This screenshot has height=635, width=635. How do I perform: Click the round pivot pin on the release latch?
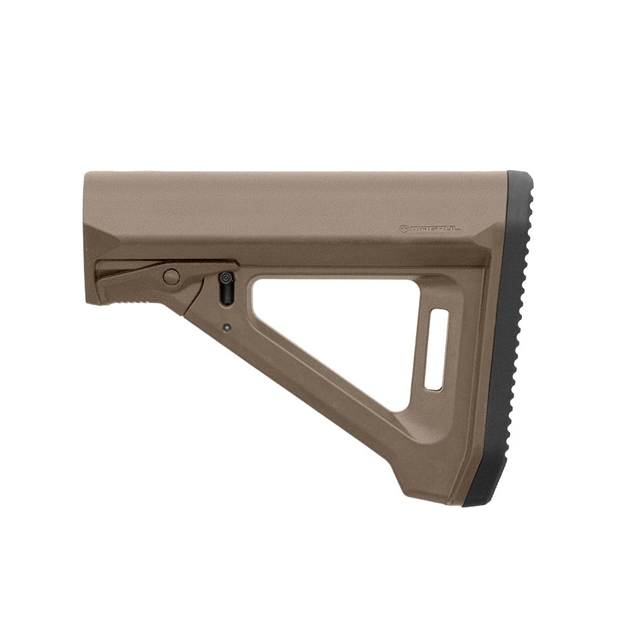(171, 276)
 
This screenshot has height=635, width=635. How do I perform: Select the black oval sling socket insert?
(225, 289)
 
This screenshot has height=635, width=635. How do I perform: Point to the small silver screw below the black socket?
(227, 328)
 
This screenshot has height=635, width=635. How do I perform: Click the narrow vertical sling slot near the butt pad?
(436, 349)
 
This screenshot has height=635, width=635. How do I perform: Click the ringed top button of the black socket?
(225, 278)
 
